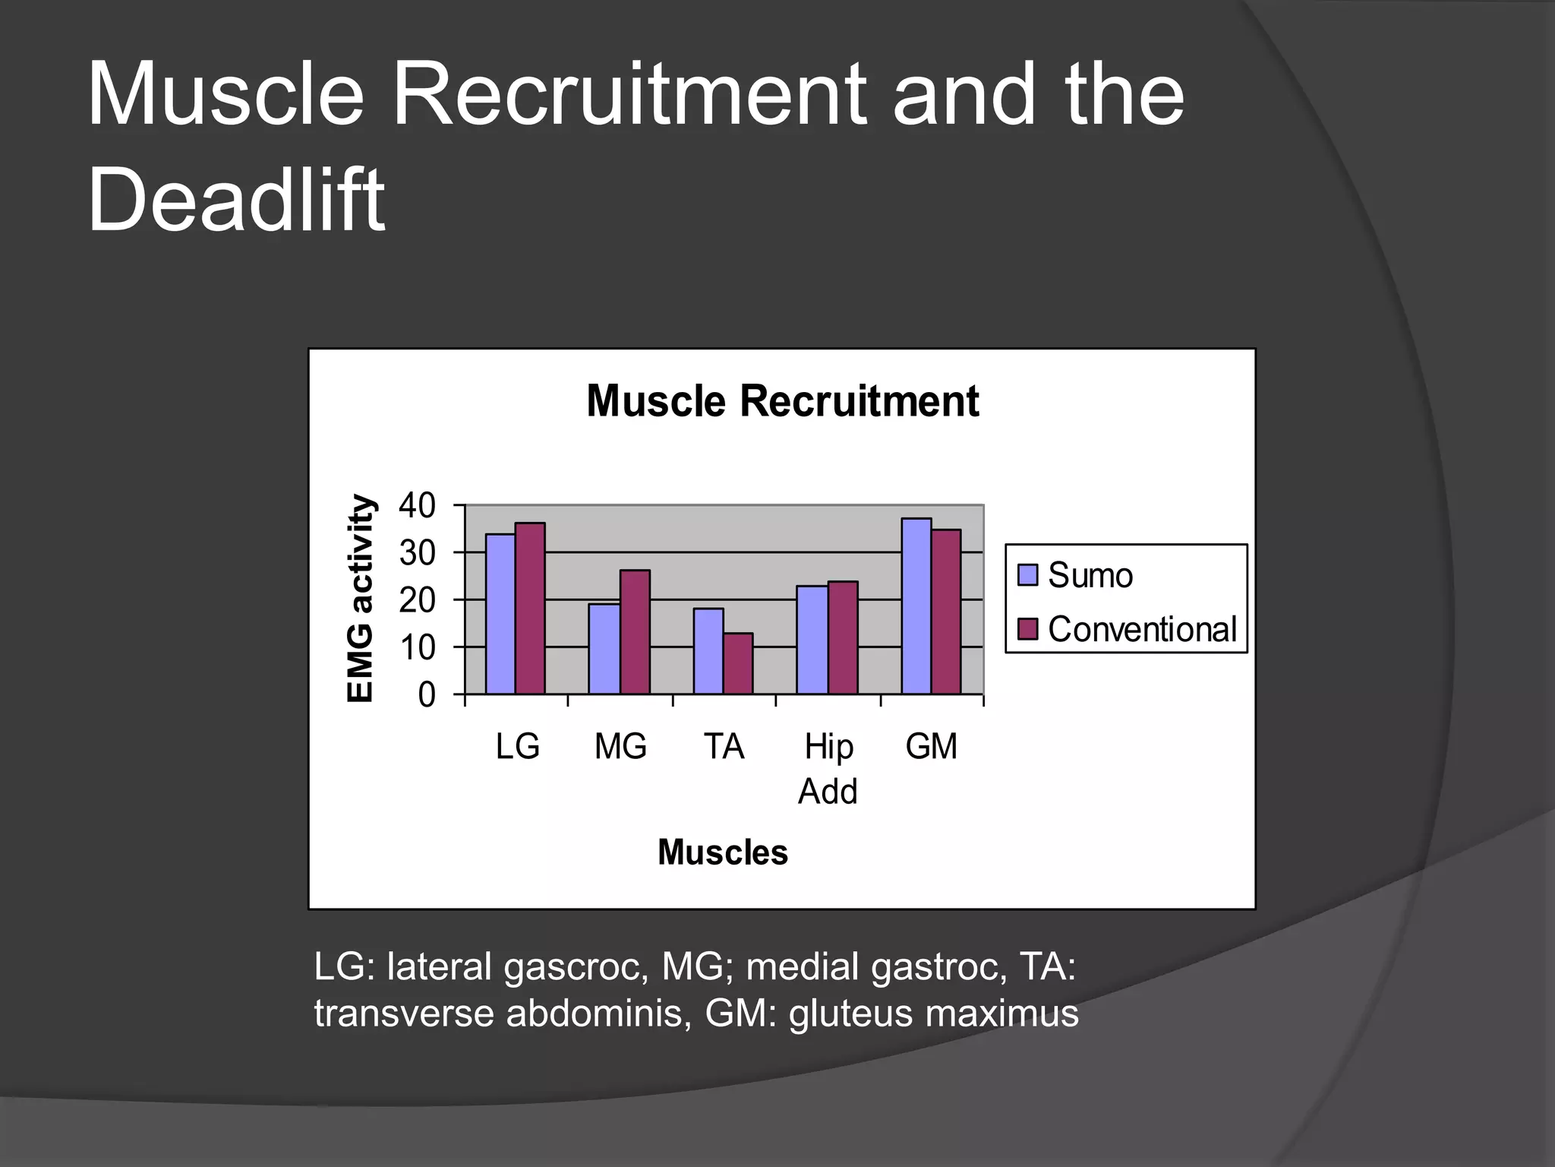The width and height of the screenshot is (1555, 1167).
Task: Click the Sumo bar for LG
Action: tap(500, 614)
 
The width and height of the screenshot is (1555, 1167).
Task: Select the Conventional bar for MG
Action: tap(635, 632)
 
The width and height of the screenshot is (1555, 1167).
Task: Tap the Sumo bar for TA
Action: tap(708, 651)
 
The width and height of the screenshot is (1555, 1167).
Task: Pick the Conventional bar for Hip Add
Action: tap(843, 637)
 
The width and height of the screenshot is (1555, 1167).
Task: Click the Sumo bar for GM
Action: tap(916, 606)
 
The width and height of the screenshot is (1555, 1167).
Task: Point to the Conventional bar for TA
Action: tap(738, 663)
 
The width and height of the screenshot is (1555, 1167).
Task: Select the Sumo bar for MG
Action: tap(604, 649)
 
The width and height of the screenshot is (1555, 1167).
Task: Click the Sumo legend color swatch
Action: tap(1027, 575)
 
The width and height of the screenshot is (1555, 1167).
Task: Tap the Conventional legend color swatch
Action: tap(1027, 629)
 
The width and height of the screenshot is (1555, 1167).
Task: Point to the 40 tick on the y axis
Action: tap(417, 505)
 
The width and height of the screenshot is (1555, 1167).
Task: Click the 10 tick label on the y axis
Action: tap(417, 648)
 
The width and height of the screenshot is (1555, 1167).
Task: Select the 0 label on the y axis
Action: tap(427, 695)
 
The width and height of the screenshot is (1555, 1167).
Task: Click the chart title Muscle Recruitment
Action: tap(782, 401)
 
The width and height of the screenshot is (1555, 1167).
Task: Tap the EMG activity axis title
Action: tap(361, 599)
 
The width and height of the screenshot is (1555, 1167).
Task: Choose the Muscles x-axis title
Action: tap(722, 852)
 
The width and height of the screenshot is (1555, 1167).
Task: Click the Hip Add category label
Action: tap(828, 768)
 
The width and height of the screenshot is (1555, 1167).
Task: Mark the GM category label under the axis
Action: tap(931, 746)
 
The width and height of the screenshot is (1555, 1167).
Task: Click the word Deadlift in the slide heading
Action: tap(236, 201)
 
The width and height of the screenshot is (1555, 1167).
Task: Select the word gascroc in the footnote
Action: tap(576, 968)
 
